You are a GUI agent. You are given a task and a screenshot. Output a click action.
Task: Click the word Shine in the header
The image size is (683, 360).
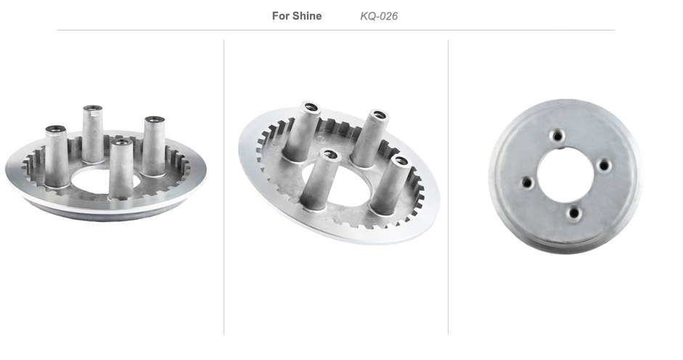pyautogui.click(x=307, y=16)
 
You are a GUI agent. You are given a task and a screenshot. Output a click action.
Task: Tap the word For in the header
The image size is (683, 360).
pyautogui.click(x=280, y=16)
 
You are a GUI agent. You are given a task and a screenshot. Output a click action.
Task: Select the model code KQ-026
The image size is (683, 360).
pyautogui.click(x=379, y=16)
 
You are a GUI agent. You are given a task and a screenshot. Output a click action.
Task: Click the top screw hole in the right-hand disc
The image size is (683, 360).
pyautogui.click(x=557, y=136)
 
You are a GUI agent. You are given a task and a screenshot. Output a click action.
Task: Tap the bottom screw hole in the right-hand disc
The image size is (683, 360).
pyautogui.click(x=574, y=213)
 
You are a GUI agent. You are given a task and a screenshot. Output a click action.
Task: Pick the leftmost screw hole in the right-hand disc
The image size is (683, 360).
pyautogui.click(x=527, y=182)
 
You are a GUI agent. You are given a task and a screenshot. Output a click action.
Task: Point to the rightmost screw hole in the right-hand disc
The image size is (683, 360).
pyautogui.click(x=604, y=165)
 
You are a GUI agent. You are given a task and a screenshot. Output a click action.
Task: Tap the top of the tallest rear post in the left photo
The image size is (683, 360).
pyautogui.click(x=93, y=108)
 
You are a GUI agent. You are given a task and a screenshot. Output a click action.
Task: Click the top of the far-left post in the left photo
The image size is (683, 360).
pyautogui.click(x=55, y=129)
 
